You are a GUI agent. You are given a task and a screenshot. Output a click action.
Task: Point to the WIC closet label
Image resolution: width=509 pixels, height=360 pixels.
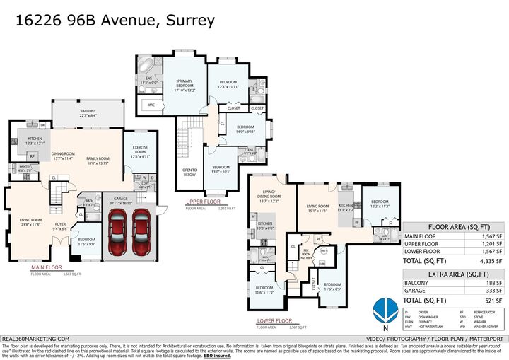coord(151,105)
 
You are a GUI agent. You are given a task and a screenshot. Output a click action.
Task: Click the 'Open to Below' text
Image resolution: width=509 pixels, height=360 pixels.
coord(189,173)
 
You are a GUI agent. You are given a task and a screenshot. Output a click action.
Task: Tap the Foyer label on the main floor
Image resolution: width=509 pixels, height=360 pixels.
coord(60,226)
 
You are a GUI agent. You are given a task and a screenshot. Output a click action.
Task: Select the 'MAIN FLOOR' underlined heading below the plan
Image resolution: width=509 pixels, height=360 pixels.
coord(46,268)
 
